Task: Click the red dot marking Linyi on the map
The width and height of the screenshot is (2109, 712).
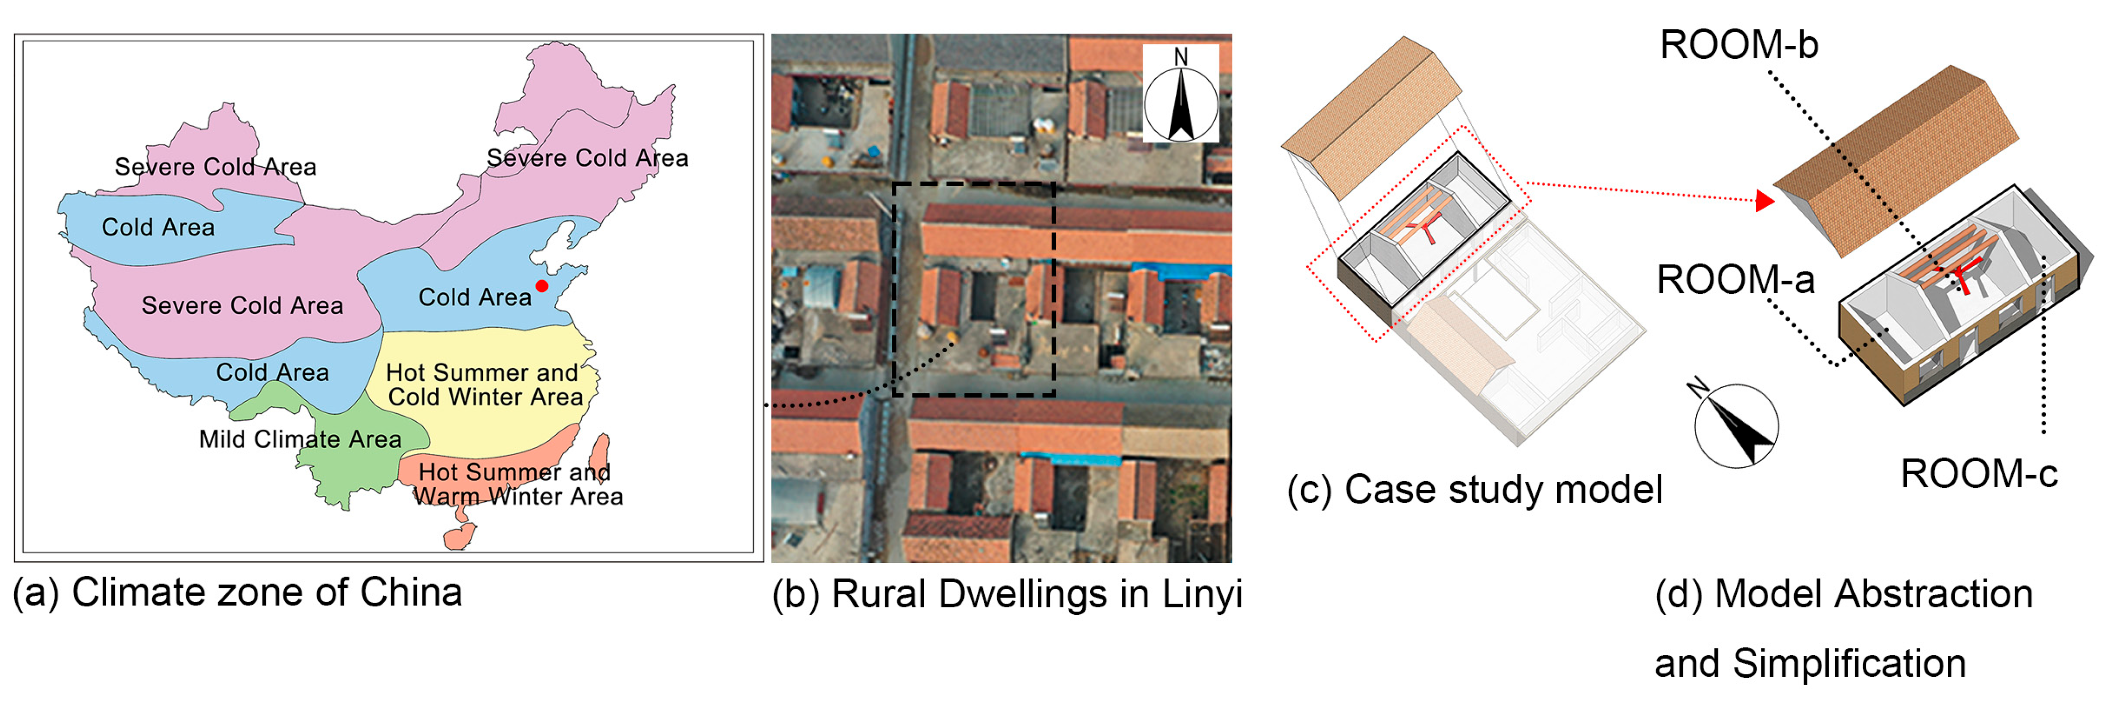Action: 541,286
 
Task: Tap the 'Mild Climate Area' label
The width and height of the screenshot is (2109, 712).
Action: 301,439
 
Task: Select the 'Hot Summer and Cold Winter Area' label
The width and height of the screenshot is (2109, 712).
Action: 484,384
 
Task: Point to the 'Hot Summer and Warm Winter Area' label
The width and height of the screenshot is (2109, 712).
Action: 517,484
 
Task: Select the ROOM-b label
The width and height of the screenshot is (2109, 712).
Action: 1739,44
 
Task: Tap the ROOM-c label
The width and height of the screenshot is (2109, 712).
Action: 1979,474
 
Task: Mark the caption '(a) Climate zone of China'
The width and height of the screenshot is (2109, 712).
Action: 237,593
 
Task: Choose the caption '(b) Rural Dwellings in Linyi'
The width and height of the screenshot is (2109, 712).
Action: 1007,594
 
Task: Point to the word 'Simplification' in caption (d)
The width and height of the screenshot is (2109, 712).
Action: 1849,663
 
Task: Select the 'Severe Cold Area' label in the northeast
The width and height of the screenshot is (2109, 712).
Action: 587,158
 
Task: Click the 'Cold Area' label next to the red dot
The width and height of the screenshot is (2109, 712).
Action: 475,297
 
